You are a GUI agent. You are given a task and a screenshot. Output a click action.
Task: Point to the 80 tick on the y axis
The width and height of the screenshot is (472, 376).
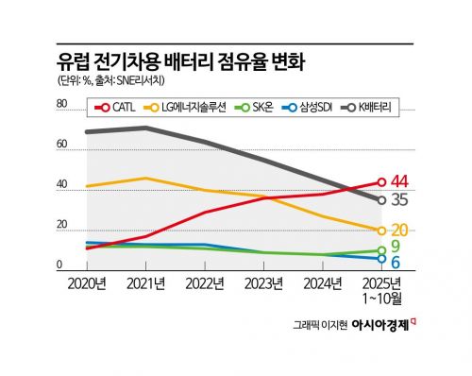tap(62, 105)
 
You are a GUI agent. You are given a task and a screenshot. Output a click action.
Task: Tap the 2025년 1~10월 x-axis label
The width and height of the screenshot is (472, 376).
tap(381, 290)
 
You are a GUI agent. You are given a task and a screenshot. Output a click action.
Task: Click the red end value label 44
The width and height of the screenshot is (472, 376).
tap(400, 181)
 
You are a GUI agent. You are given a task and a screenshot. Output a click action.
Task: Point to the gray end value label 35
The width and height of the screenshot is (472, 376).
tap(400, 200)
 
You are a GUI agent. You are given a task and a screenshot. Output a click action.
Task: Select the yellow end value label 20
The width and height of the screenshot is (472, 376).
tap(400, 230)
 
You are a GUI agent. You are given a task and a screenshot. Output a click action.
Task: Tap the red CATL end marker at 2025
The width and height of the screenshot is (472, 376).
tap(381, 181)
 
